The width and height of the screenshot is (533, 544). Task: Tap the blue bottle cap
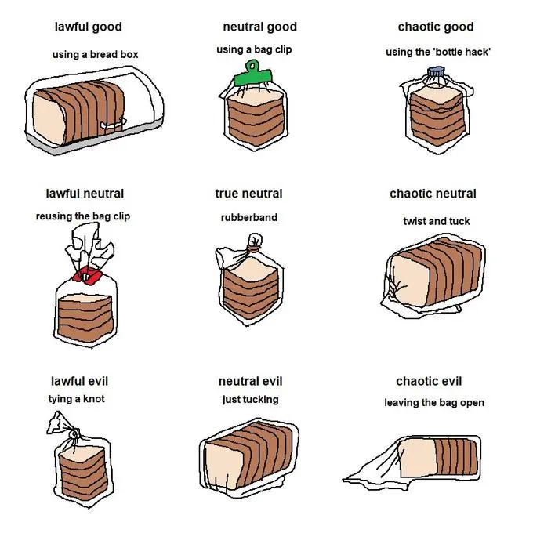pyautogui.click(x=436, y=71)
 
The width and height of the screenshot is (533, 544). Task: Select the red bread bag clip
pyautogui.click(x=88, y=276)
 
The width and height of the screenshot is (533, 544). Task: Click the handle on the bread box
pyautogui.click(x=113, y=124)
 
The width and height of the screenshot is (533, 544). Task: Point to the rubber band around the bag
pyautogui.click(x=254, y=248)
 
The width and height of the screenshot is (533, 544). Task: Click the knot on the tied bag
pyautogui.click(x=74, y=433)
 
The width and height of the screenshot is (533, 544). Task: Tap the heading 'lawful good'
pyautogui.click(x=88, y=27)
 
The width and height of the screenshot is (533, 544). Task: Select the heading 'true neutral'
pyautogui.click(x=248, y=194)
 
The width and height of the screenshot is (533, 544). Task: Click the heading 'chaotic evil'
pyautogui.click(x=429, y=381)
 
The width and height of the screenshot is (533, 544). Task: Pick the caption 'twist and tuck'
pyautogui.click(x=437, y=221)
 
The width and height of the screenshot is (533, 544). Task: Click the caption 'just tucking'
pyautogui.click(x=251, y=399)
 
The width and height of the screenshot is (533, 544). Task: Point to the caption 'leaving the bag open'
pyautogui.click(x=434, y=403)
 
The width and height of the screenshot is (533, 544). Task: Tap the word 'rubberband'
pyautogui.click(x=248, y=218)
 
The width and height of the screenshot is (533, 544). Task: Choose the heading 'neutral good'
pyautogui.click(x=260, y=27)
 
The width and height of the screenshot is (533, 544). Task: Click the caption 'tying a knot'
pyautogui.click(x=76, y=399)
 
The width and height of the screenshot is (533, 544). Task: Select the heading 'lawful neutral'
pyautogui.click(x=85, y=194)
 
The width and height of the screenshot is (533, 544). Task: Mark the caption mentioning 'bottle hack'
pyautogui.click(x=438, y=52)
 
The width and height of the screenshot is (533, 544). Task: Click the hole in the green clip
pyautogui.click(x=252, y=65)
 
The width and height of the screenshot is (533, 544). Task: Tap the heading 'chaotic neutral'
pyautogui.click(x=433, y=194)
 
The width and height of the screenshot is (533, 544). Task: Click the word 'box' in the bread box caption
pyautogui.click(x=129, y=54)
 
